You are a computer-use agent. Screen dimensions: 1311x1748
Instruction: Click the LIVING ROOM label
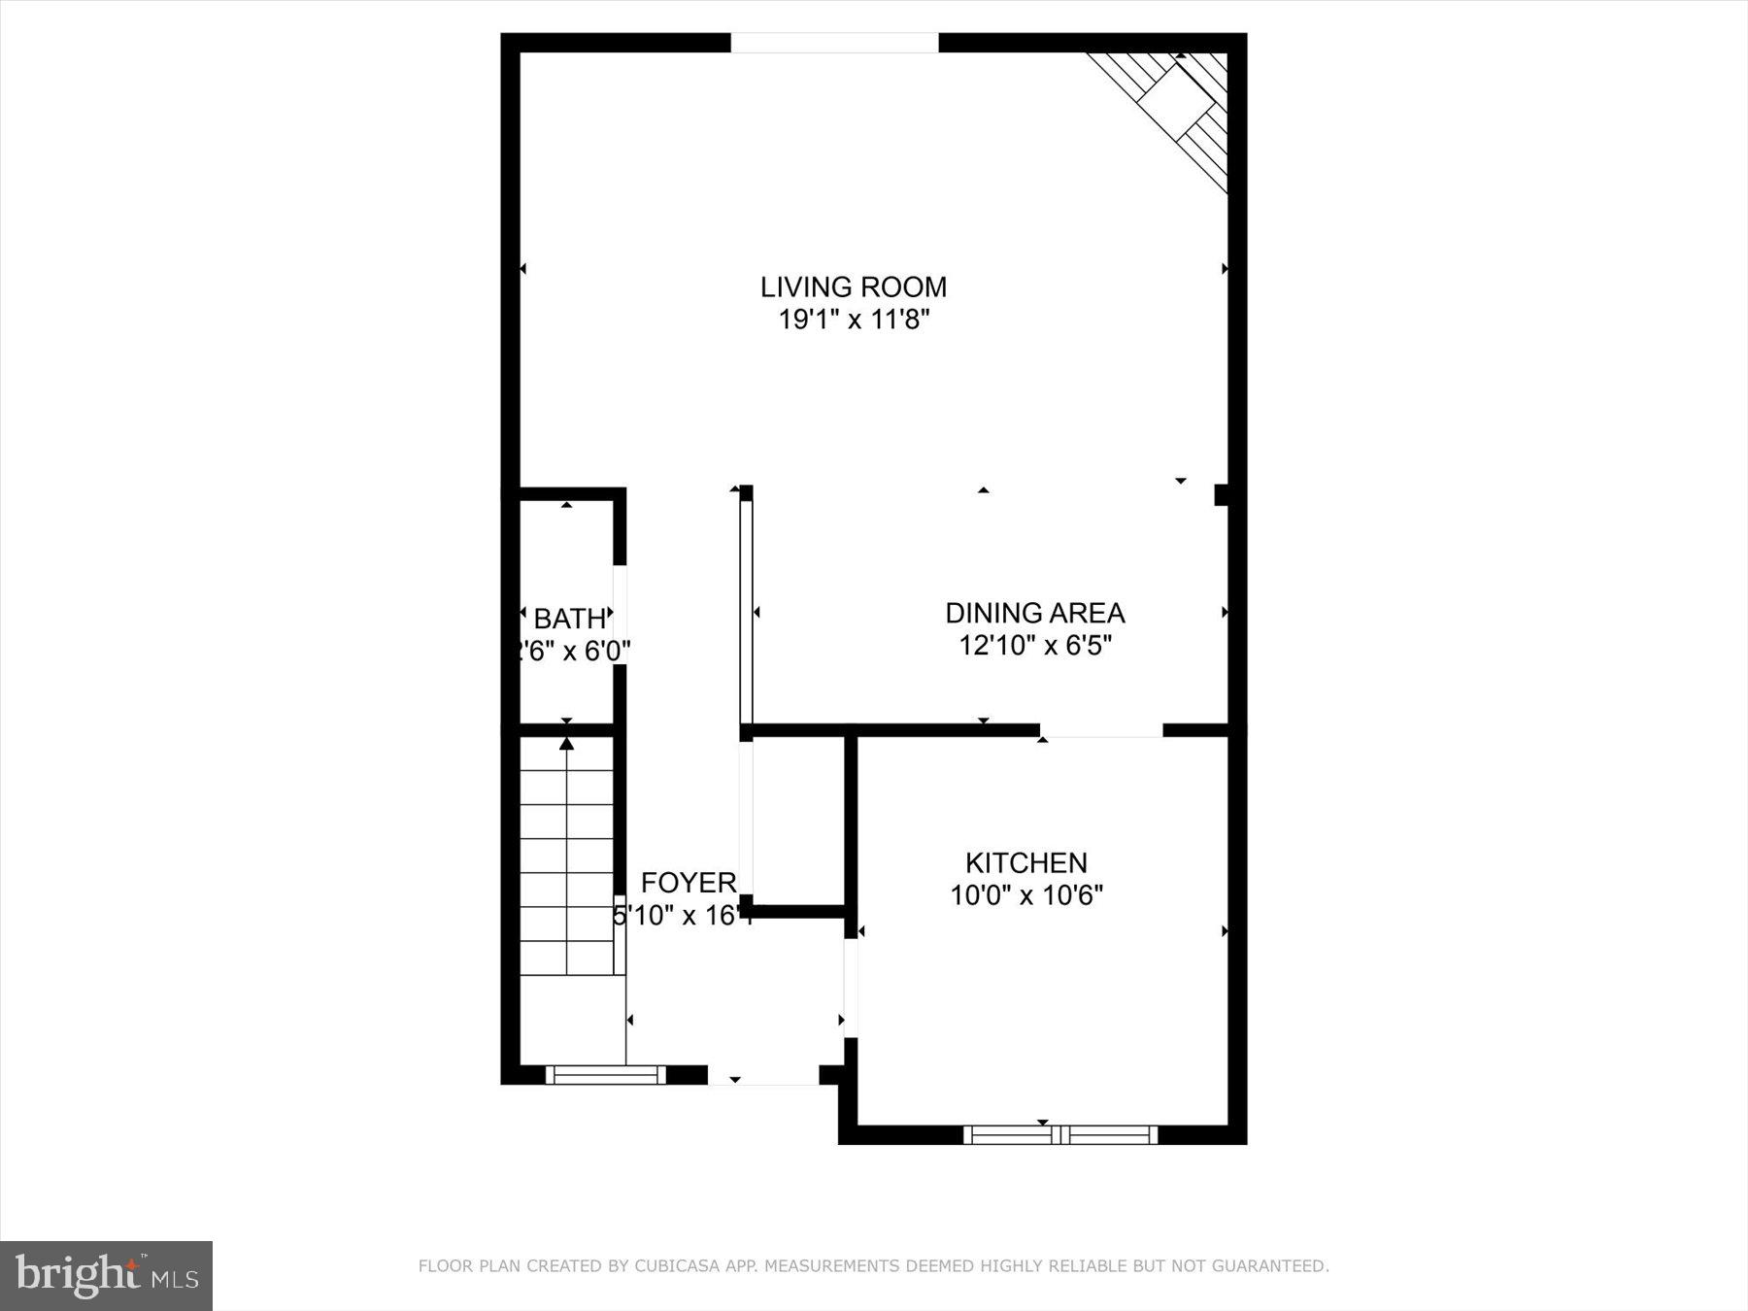(x=853, y=286)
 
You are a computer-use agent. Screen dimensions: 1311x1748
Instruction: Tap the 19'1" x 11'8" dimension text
(x=855, y=319)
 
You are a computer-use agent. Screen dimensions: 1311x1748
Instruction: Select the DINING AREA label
(x=1034, y=613)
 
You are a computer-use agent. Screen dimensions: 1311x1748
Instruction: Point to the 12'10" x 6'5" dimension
(x=1034, y=645)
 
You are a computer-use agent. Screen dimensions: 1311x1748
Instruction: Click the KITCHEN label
(x=1025, y=862)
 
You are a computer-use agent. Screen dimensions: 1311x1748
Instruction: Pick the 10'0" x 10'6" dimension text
(x=1025, y=894)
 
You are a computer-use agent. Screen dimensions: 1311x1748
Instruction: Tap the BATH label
(x=569, y=619)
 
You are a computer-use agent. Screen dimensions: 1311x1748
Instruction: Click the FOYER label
(x=689, y=883)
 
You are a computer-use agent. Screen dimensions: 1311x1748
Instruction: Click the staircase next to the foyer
(x=567, y=855)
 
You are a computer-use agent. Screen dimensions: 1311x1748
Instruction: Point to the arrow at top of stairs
(x=567, y=744)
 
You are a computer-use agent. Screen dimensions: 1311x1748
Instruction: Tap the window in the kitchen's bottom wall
(x=1060, y=1134)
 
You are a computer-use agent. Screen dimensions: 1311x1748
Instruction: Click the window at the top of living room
(x=834, y=43)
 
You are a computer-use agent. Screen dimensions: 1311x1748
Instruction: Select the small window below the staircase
(x=605, y=1075)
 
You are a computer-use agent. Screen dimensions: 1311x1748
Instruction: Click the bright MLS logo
(x=106, y=1275)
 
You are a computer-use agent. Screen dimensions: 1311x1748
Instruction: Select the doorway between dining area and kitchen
(x=1101, y=730)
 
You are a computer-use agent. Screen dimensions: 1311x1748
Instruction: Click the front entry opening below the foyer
(x=763, y=1076)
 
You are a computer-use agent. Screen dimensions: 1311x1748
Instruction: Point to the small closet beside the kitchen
(x=798, y=821)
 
